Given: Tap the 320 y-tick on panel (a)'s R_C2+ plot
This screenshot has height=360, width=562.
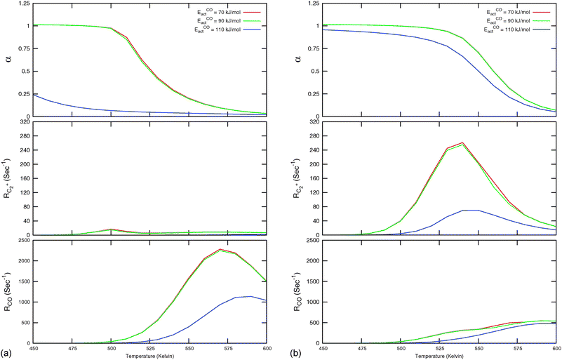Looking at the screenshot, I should coord(25,122).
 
